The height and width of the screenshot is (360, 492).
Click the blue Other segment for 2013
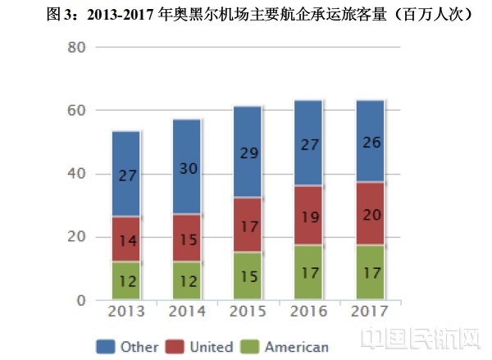point(126,174)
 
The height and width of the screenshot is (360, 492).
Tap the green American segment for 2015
point(248,275)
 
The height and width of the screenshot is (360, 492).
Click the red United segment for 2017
point(370,213)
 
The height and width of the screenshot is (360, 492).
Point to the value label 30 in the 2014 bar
point(188,168)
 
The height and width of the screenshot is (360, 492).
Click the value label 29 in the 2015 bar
point(248,153)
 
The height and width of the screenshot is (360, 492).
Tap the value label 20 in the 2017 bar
point(370,214)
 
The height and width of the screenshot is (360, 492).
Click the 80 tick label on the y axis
point(75,48)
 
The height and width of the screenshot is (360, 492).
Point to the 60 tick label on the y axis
point(75,111)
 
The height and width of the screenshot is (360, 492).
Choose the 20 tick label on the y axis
point(75,237)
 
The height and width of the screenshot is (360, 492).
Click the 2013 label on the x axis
point(126,312)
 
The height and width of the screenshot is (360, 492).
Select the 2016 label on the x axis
point(308,312)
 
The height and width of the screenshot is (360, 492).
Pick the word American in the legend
point(298,347)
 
